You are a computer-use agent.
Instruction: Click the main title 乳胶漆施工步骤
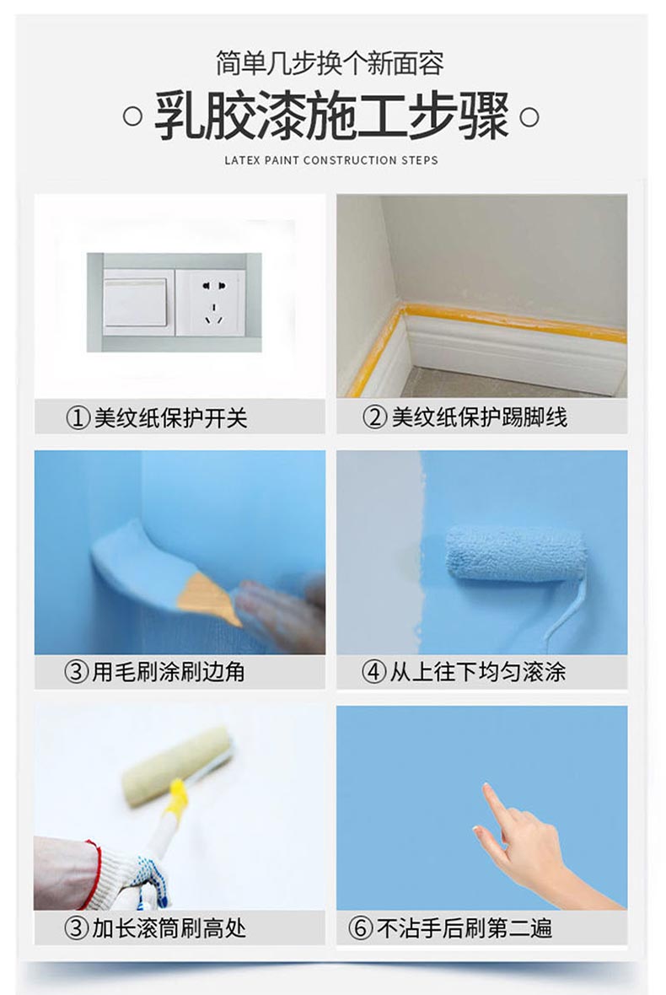[x=331, y=116]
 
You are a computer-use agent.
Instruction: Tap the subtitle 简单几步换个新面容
[x=330, y=63]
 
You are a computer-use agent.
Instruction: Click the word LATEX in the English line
[x=242, y=160]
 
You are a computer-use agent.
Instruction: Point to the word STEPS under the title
[x=419, y=160]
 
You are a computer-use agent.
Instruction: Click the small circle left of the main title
[x=132, y=116]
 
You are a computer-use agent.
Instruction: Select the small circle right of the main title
[x=529, y=116]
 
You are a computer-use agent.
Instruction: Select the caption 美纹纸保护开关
[x=170, y=418]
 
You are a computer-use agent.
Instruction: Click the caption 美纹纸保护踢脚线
[x=478, y=417]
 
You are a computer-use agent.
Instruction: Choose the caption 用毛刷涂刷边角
[x=169, y=671]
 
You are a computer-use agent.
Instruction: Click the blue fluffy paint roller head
[x=513, y=552]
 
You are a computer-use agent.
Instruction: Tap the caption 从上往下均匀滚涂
[x=477, y=671]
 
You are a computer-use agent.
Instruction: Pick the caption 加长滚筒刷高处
[x=169, y=928]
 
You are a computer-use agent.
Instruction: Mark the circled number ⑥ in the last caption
[x=361, y=928]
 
